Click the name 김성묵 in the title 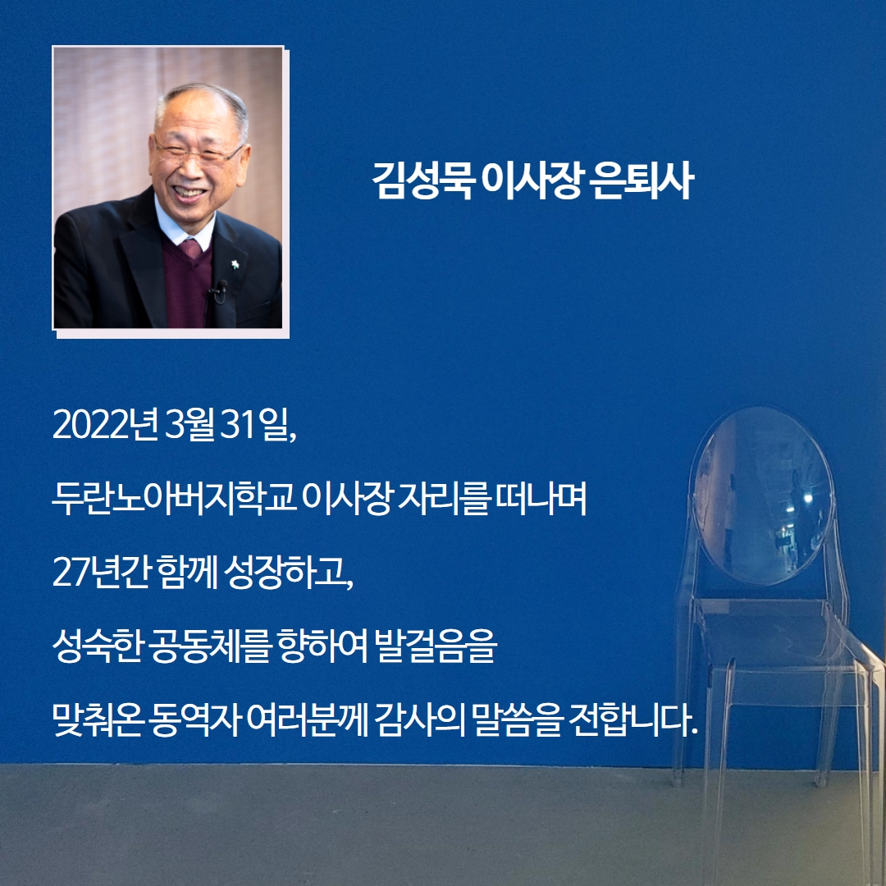tap(422, 180)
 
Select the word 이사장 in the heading tap(532, 180)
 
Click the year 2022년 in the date tap(104, 426)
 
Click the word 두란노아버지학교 tap(174, 499)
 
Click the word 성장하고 tap(289, 572)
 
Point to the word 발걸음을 tap(432, 646)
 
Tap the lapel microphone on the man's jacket tap(219, 289)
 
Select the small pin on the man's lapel tap(235, 264)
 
